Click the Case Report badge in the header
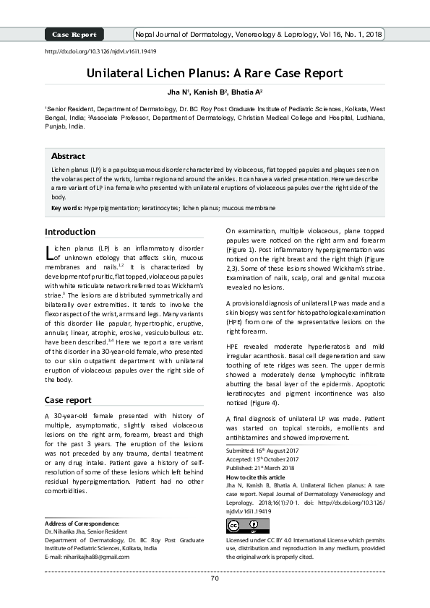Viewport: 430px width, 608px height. click(74, 34)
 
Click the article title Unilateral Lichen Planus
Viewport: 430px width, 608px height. click(215, 74)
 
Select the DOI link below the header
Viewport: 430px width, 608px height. click(101, 52)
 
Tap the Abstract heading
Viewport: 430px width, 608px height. click(68, 156)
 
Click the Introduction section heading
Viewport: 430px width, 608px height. click(70, 232)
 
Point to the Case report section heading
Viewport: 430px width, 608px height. click(68, 399)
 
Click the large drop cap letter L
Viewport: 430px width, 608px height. click(49, 252)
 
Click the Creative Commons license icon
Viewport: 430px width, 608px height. click(238, 525)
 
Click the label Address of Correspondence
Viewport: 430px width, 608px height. click(82, 523)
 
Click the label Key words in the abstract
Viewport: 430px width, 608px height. click(66, 208)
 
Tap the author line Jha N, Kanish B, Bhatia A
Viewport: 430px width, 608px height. click(215, 92)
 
